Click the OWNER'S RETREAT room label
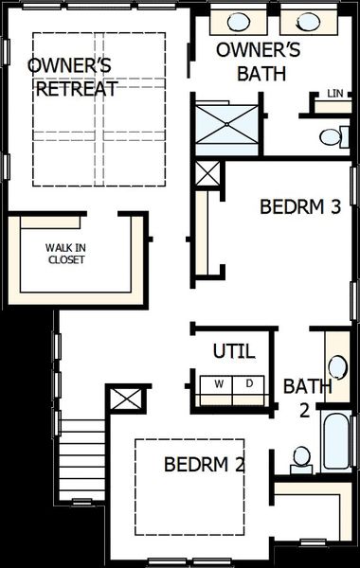(x=72, y=77)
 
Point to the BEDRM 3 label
(x=299, y=206)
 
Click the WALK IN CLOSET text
(x=64, y=254)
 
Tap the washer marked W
(x=219, y=383)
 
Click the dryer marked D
(x=249, y=383)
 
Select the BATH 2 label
(x=308, y=397)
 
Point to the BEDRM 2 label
(x=205, y=465)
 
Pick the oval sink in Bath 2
(x=337, y=366)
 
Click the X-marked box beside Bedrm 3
(x=206, y=174)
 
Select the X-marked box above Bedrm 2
(x=126, y=399)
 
